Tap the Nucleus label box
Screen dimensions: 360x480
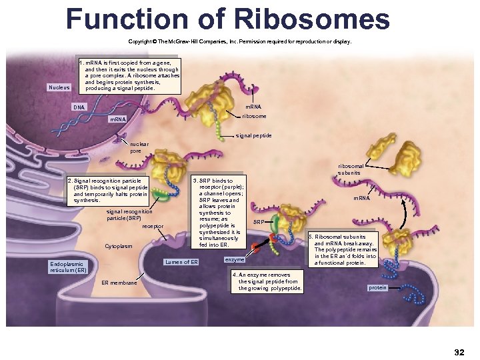pyautogui.click(x=59, y=87)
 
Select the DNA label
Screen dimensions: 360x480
pyautogui.click(x=79, y=107)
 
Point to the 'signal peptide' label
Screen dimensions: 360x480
pyautogui.click(x=254, y=135)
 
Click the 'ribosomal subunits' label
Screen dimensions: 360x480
pyautogui.click(x=351, y=169)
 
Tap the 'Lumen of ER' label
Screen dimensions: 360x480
pyautogui.click(x=182, y=262)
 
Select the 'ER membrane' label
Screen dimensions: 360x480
pyautogui.click(x=119, y=283)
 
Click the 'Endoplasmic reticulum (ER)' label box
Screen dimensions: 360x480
pyautogui.click(x=69, y=267)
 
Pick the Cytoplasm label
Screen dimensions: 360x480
pyautogui.click(x=118, y=247)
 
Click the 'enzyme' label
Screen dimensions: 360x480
pyautogui.click(x=235, y=259)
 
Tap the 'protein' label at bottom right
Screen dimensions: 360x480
pyautogui.click(x=377, y=288)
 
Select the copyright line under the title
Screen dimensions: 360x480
pyautogui.click(x=239, y=41)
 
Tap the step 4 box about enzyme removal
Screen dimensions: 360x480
pyautogui.click(x=267, y=281)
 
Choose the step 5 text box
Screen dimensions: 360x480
pyautogui.click(x=345, y=250)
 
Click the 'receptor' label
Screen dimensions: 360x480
pyautogui.click(x=153, y=227)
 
